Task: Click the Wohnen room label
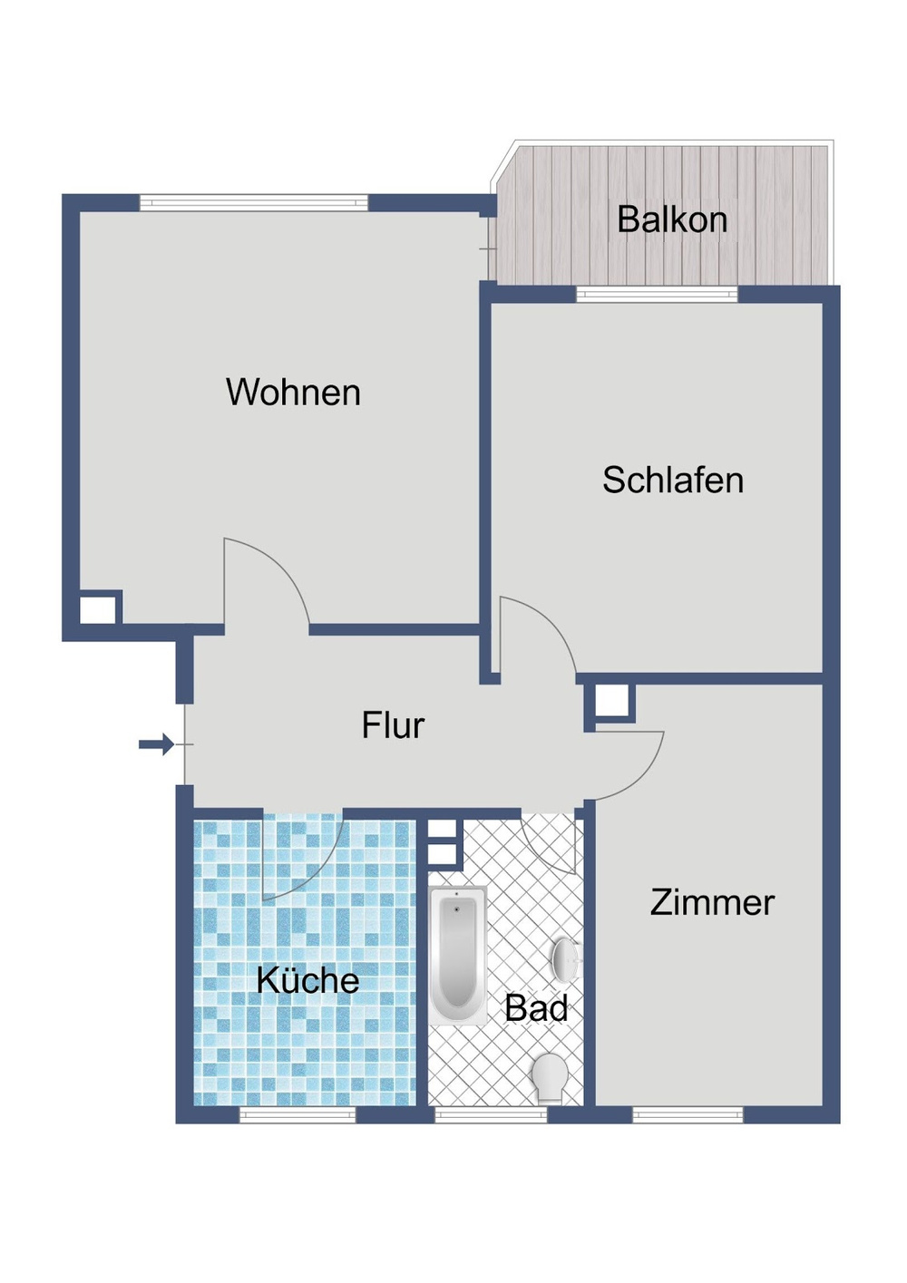[293, 393]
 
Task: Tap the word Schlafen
[673, 481]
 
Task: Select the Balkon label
[672, 220]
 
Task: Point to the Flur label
[393, 725]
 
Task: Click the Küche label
[307, 980]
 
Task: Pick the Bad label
[536, 1008]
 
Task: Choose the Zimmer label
[712, 903]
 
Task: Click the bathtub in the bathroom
[456, 955]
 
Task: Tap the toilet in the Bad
[550, 1076]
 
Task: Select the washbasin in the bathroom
[566, 957]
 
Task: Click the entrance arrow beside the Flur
[156, 744]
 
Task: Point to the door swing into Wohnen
[263, 580]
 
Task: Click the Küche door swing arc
[299, 857]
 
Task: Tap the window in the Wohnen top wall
[254, 202]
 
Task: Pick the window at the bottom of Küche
[297, 1114]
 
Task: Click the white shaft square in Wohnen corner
[99, 608]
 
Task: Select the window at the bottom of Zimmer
[688, 1114]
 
